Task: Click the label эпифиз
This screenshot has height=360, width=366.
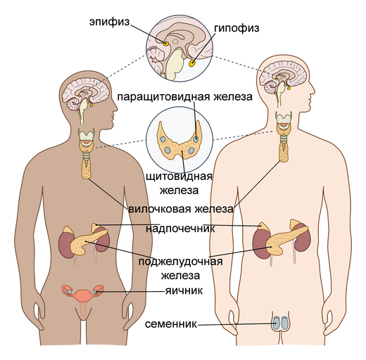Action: pyautogui.click(x=109, y=22)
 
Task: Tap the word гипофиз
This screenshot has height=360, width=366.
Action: pyautogui.click(x=236, y=28)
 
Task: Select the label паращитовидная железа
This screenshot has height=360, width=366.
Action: pyautogui.click(x=185, y=97)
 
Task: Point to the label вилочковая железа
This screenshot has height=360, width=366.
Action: pyautogui.click(x=181, y=209)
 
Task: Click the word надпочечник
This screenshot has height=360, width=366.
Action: pyautogui.click(x=180, y=229)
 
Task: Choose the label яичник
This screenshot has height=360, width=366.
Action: pyautogui.click(x=184, y=291)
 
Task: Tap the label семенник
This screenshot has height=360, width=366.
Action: pyautogui.click(x=171, y=324)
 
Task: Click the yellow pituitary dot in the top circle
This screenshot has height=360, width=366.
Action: pyautogui.click(x=192, y=63)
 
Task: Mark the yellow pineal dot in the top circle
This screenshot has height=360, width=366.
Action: pyautogui.click(x=166, y=44)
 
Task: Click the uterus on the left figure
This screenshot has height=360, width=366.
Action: pyautogui.click(x=83, y=297)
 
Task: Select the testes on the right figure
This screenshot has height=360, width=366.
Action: pyautogui.click(x=280, y=323)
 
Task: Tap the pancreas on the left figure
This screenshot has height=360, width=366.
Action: pyautogui.click(x=87, y=241)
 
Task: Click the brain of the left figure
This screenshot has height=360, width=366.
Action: pyautogui.click(x=86, y=93)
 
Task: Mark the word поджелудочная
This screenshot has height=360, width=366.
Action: pyautogui.click(x=180, y=262)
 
